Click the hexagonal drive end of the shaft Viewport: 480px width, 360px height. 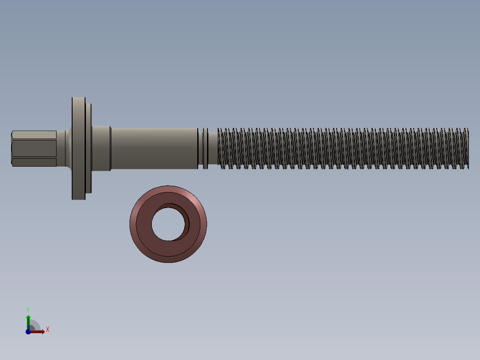(33, 148)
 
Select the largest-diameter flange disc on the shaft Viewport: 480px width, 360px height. (78, 148)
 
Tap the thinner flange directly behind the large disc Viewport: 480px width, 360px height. (89, 148)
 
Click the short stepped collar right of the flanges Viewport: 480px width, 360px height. (101, 148)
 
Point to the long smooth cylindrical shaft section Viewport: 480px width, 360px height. (154, 148)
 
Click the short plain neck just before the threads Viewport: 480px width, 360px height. (213, 148)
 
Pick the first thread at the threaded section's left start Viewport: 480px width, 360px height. (221, 148)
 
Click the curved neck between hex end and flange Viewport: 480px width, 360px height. (64, 148)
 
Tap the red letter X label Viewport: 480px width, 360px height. (47, 330)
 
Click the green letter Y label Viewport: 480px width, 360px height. (28, 309)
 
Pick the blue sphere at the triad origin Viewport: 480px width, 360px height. (28, 331)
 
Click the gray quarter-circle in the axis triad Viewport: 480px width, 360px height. (35, 326)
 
